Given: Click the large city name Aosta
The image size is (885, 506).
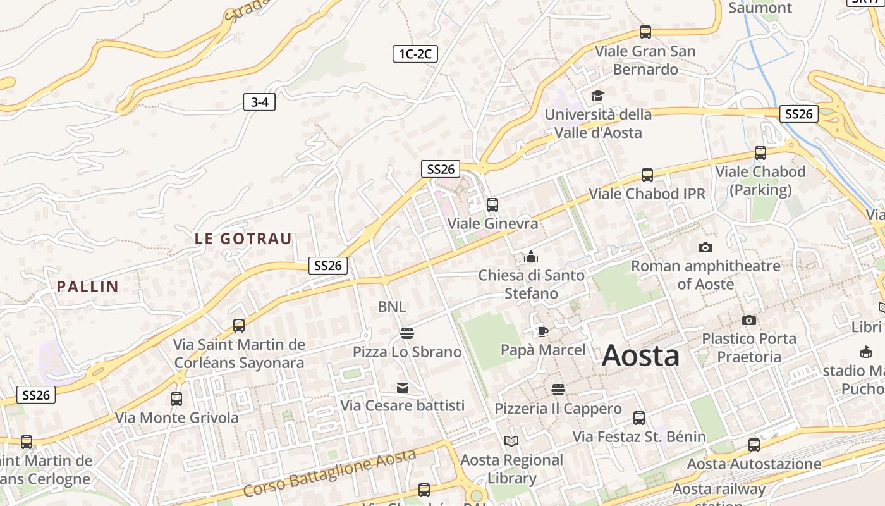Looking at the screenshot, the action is [640, 356].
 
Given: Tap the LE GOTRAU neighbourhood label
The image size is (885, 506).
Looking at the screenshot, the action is [243, 238].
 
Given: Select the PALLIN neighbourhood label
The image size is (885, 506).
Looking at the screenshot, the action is [88, 287].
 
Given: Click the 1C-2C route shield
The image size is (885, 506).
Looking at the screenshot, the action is [415, 54].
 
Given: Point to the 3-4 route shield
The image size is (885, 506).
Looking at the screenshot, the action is [259, 102].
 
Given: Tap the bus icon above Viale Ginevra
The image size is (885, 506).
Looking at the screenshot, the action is [492, 205].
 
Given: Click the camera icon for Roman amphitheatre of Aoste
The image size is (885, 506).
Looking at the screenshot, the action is [705, 247].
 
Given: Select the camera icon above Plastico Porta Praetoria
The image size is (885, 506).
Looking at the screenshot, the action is [749, 320].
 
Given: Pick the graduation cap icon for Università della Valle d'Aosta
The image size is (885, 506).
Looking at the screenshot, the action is [597, 96].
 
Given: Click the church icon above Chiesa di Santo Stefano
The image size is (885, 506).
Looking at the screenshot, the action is [530, 257].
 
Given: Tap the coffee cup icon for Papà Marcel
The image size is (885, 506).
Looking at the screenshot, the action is [542, 331].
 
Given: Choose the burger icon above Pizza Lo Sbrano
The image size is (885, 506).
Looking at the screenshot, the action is [407, 333].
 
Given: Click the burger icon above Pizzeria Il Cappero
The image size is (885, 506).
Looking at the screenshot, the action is [558, 390].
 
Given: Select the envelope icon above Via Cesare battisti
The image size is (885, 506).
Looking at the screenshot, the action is [403, 387].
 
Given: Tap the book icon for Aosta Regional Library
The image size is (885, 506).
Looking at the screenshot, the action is [511, 441].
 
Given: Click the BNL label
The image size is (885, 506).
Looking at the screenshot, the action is [392, 307].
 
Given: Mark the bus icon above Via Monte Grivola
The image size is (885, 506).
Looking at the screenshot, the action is [176, 399].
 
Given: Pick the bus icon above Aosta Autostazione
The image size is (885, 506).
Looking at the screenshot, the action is [754, 445].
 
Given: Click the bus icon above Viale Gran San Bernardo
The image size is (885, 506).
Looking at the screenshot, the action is [645, 32].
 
